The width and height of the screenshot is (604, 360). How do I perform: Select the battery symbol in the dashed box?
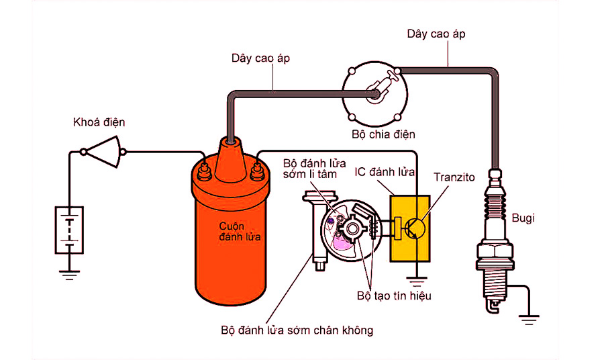(69, 230)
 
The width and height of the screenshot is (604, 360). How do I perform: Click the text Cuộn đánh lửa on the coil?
(230, 232)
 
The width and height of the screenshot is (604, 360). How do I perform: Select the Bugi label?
(524, 218)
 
